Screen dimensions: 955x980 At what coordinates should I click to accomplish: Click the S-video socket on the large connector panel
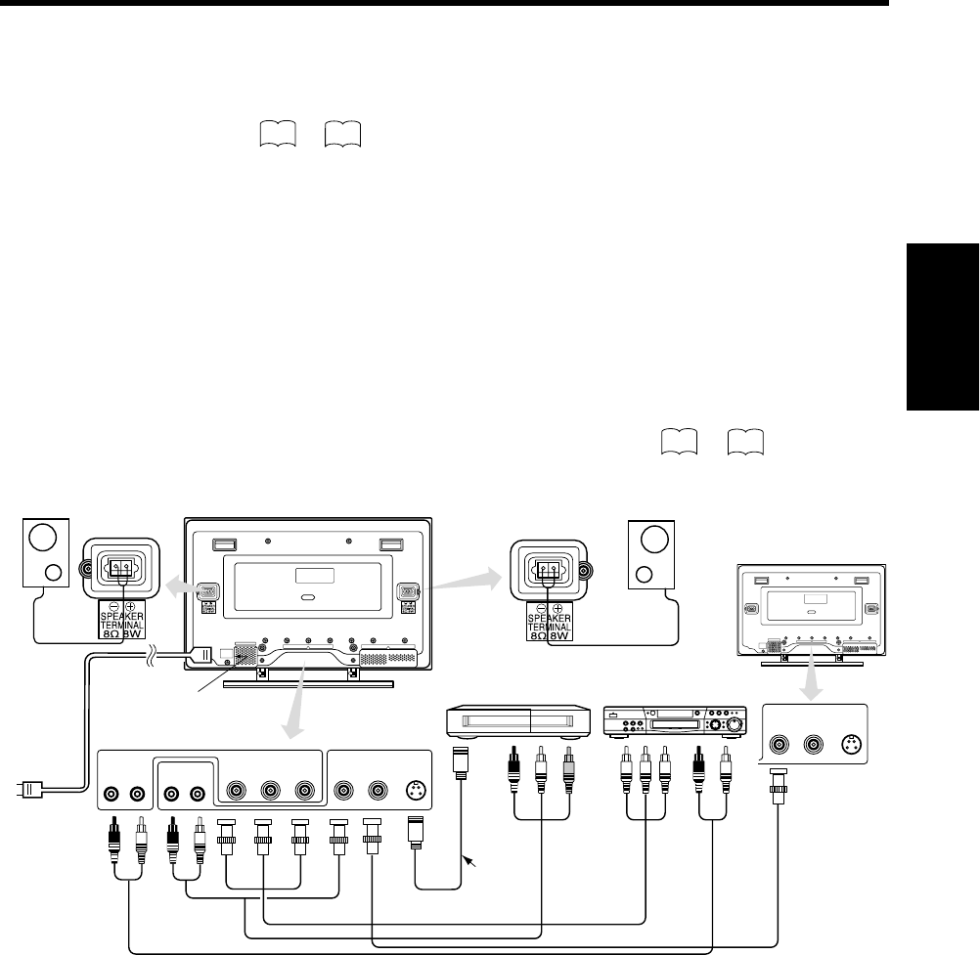tap(410, 790)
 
